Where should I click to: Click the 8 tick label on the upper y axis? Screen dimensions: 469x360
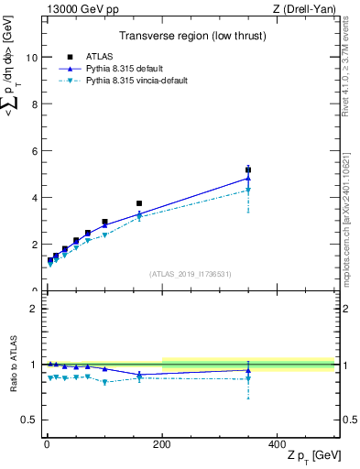tap(33, 104)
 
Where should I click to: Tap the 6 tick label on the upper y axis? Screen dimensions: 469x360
tap(33, 151)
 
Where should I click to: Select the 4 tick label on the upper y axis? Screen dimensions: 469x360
tap(33, 198)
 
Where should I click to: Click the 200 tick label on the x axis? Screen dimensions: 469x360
tap(161, 443)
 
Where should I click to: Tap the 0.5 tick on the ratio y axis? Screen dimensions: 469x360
tap(28, 420)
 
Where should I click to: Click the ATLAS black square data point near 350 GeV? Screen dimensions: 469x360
tap(248, 169)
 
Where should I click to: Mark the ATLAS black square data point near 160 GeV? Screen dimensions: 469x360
tap(139, 203)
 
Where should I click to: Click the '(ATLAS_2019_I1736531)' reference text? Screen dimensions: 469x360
tap(190, 273)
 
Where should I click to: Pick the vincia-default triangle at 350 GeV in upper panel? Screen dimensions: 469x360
tap(248, 190)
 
